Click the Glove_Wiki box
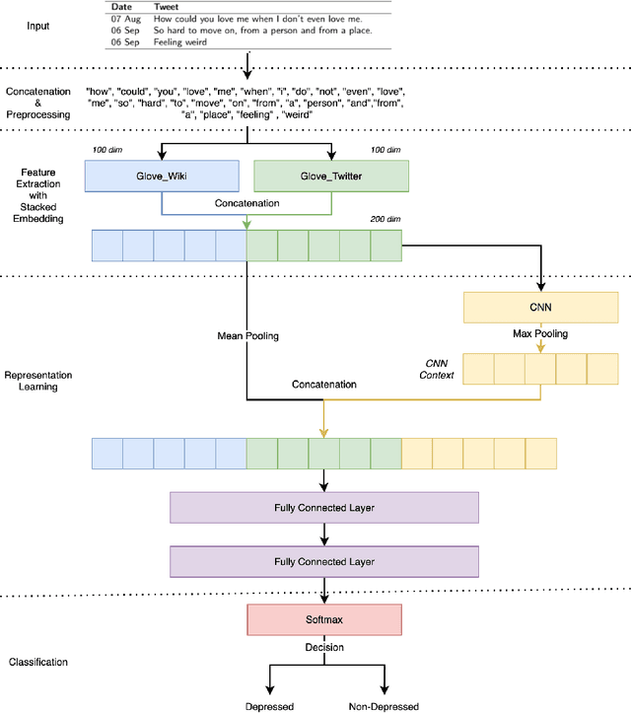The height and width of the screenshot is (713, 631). click(162, 177)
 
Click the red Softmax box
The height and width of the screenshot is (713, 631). click(324, 620)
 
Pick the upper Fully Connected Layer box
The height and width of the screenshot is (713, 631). click(324, 508)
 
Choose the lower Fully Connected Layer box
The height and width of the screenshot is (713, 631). click(324, 562)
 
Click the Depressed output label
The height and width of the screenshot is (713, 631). click(269, 706)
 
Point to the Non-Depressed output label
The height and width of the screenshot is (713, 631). click(384, 706)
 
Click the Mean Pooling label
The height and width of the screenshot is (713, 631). click(247, 336)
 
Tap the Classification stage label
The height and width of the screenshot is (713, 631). click(38, 661)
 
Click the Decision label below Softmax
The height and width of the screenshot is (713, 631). click(324, 648)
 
